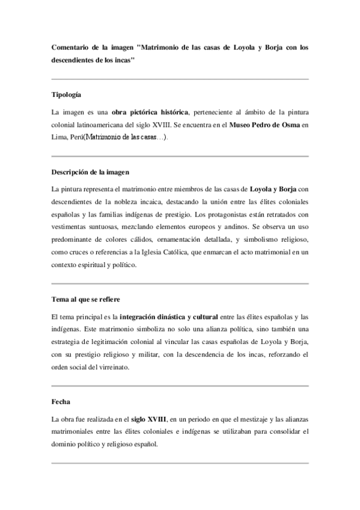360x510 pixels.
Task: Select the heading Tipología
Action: tap(67, 95)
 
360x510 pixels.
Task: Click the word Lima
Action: tap(60, 138)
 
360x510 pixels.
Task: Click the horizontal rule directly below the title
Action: tap(180, 79)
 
